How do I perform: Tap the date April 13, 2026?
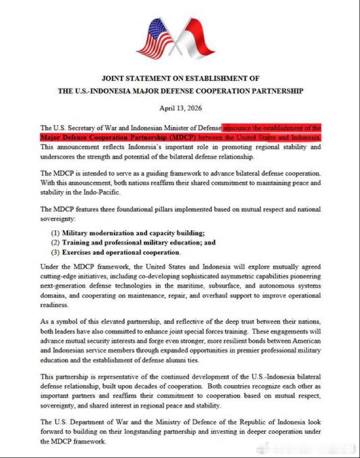180,108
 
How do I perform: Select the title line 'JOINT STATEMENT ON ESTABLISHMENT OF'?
180,78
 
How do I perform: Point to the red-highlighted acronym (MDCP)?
183,137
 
